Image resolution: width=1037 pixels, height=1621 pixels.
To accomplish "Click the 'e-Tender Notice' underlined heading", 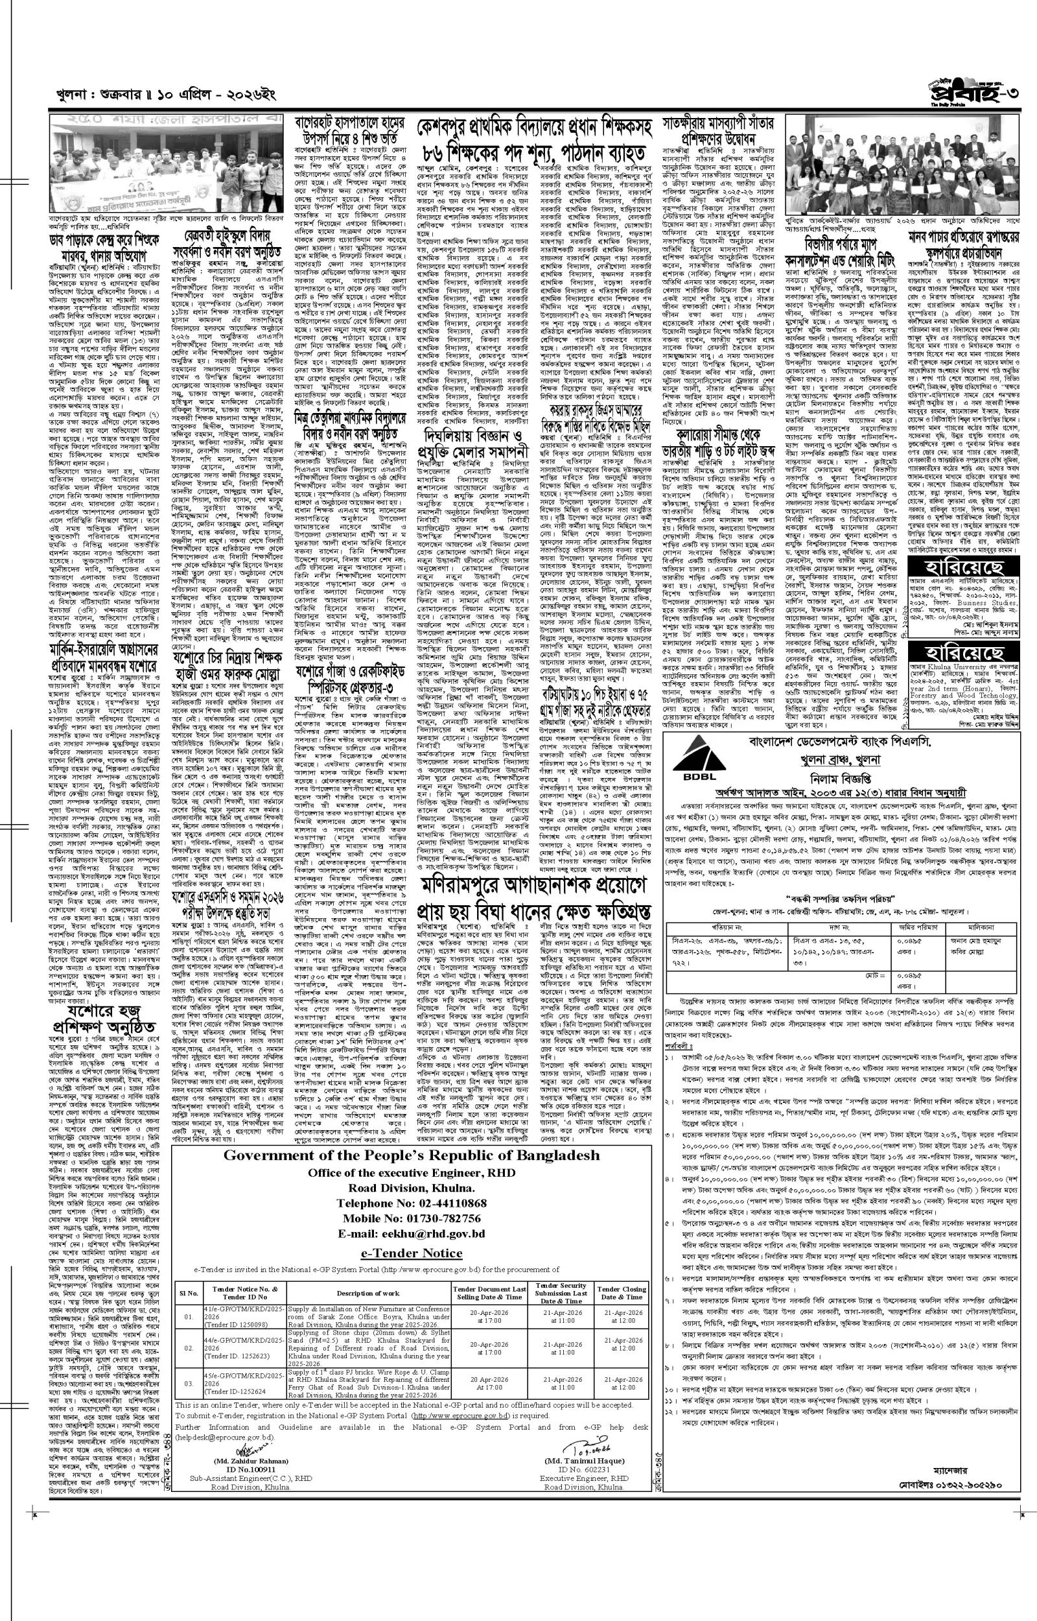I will [411, 1253].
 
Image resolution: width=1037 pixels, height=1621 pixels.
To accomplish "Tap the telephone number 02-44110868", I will [411, 1203].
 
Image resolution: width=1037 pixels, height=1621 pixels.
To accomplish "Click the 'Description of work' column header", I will [367, 1293].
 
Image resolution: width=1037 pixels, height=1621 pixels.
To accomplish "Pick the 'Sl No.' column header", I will [188, 1293].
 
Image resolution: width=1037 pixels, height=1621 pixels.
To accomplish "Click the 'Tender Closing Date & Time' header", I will [623, 1293].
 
